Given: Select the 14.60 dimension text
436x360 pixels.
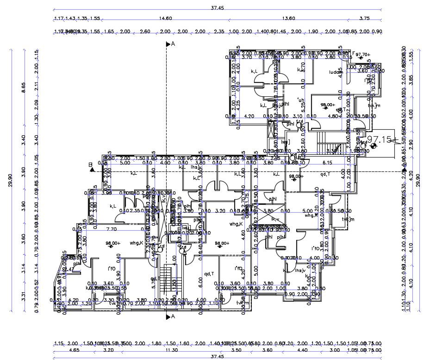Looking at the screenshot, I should pyautogui.click(x=165, y=18).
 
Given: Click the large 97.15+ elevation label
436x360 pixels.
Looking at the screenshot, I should pyautogui.click(x=382, y=139).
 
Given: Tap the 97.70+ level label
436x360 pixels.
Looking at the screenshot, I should pyautogui.click(x=363, y=55).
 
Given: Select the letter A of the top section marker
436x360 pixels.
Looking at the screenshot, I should pyautogui.click(x=173, y=44).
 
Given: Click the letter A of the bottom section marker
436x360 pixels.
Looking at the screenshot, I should pyautogui.click(x=173, y=317).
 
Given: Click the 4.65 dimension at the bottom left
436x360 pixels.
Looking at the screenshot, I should pyautogui.click(x=61, y=351).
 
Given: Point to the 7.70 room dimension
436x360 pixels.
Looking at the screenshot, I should pyautogui.click(x=111, y=229).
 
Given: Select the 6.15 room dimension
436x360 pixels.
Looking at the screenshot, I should pyautogui.click(x=328, y=163).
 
